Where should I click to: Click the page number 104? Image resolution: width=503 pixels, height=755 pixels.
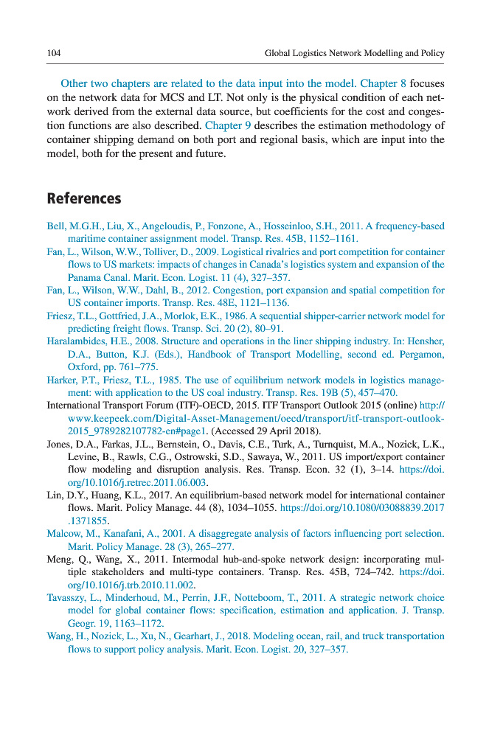pos(53,53)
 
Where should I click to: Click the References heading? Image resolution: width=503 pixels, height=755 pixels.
pos(83,198)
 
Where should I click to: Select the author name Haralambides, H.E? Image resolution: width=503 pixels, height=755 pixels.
pos(90,341)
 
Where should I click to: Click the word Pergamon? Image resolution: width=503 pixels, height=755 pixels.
pos(422,354)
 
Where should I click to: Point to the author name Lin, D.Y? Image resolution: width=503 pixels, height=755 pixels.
pos(67,495)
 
